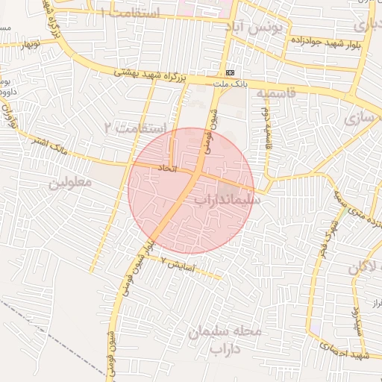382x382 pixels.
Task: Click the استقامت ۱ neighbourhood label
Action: click(132, 13)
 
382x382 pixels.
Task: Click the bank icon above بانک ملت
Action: click(231, 72)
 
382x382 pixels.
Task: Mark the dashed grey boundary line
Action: click(45, 328)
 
